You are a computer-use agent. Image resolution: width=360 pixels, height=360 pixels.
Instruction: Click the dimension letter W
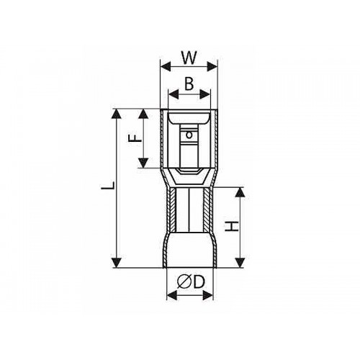(x=189, y=58)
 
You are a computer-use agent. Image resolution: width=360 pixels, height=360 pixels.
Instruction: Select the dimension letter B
(x=189, y=84)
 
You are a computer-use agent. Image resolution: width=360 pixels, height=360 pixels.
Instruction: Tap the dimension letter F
(x=135, y=138)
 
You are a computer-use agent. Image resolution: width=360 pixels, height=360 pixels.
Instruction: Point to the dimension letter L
(x=108, y=186)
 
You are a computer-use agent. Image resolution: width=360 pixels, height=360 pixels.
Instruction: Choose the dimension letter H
(x=232, y=226)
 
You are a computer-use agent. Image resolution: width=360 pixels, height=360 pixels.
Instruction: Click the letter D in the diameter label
(x=199, y=282)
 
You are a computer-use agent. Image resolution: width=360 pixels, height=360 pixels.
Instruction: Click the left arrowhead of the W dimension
(x=166, y=66)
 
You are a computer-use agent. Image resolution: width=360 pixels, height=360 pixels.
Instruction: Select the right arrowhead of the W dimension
(x=212, y=66)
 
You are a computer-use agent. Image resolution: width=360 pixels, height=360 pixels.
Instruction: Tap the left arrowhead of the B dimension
(x=174, y=94)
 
